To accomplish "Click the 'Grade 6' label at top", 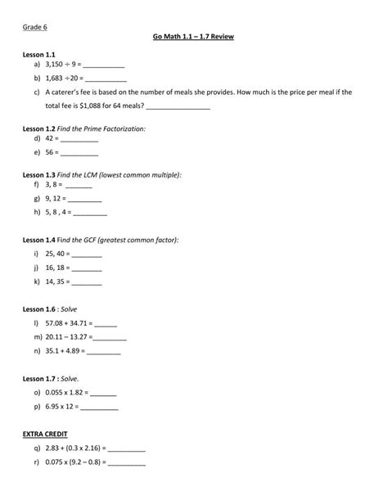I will [x=34, y=28].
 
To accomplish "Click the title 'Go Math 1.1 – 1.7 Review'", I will [x=193, y=38].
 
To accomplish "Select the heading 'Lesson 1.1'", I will [x=38, y=52].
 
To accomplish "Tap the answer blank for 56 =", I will [x=79, y=153].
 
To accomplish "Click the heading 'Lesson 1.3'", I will [x=38, y=175].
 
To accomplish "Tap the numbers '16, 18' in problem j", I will [x=55, y=268].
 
